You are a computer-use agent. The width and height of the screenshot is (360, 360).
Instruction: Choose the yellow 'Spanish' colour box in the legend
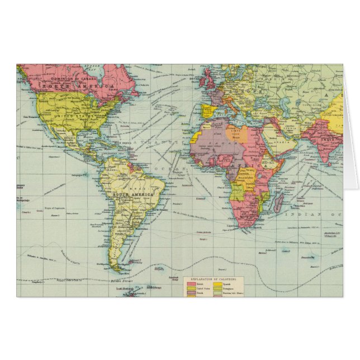click(x=217, y=284)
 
